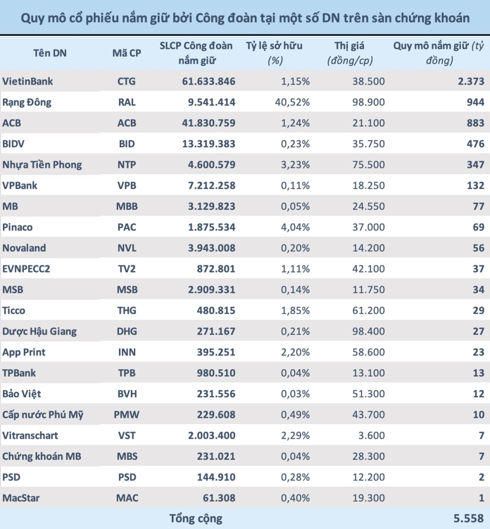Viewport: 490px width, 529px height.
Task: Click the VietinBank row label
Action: click(28, 82)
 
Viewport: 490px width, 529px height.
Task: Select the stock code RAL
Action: click(127, 102)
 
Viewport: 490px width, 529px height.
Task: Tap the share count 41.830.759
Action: click(208, 123)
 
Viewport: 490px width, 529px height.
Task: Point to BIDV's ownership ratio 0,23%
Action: click(295, 144)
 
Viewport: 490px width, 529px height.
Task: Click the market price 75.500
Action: click(368, 165)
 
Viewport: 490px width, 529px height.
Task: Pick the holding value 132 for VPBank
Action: click(475, 186)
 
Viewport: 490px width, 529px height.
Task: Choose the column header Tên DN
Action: click(50, 53)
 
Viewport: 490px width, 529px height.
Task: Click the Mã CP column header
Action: click(127, 53)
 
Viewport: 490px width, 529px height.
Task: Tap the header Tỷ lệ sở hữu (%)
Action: click(274, 53)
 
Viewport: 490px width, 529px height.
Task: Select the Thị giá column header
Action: click(350, 53)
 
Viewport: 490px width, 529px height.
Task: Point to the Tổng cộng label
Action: click(196, 518)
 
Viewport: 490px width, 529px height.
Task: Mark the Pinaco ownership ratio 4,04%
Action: click(295, 227)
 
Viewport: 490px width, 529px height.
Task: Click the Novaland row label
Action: click(24, 248)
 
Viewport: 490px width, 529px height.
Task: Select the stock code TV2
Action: click(127, 269)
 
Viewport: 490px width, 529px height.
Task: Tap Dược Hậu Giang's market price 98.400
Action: click(368, 332)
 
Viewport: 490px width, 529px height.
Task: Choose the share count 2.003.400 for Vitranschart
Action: click(212, 436)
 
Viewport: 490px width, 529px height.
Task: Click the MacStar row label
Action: click(21, 498)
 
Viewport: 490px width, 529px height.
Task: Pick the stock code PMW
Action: click(127, 415)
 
